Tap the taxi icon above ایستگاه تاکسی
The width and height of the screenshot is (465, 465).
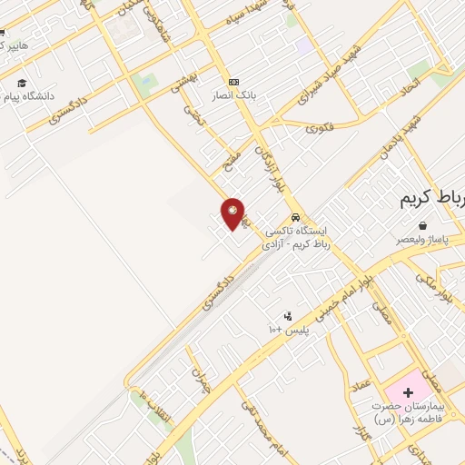click(x=296, y=218)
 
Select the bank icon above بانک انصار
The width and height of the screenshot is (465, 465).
click(x=234, y=81)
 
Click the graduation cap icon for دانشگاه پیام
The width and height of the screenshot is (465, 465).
click(x=20, y=83)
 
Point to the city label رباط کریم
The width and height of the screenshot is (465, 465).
click(x=431, y=200)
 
